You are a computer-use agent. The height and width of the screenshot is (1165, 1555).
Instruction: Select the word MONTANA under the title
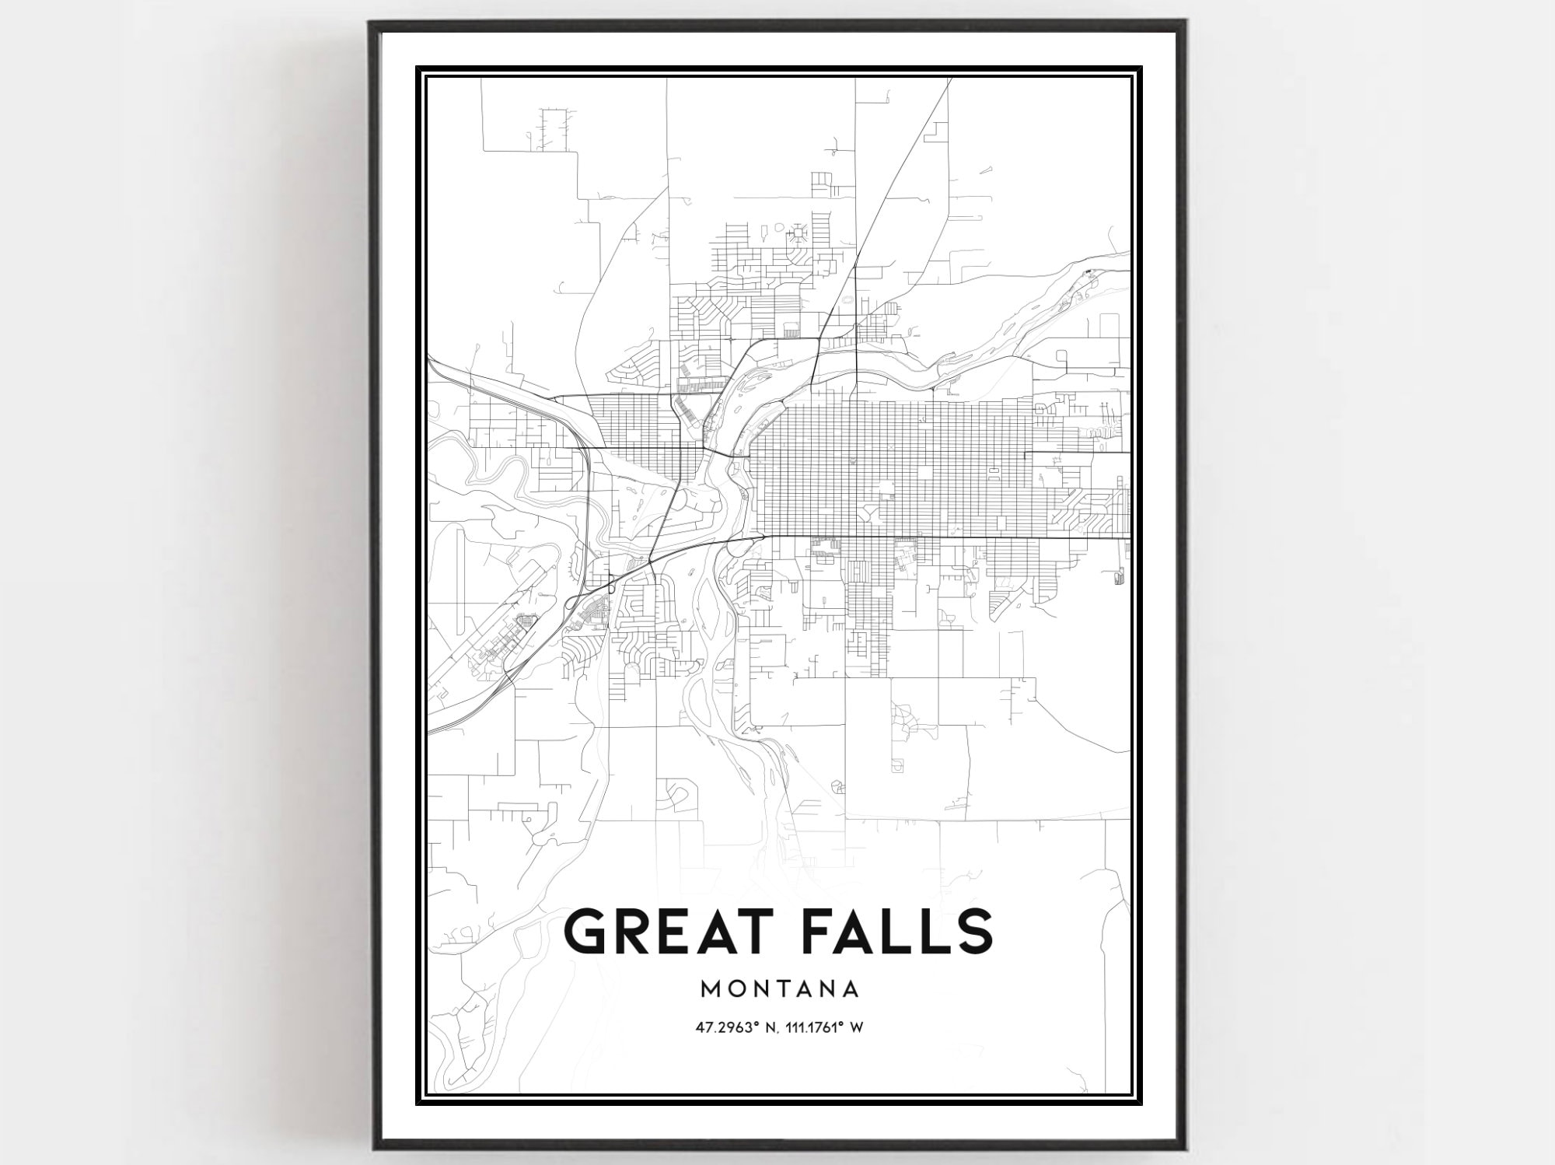coord(780,989)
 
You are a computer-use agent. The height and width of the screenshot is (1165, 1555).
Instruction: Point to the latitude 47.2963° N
coord(738,1027)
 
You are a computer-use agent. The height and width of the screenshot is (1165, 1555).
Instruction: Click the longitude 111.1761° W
coord(825,1027)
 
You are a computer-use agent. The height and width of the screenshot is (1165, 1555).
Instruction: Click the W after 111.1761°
coord(858,1027)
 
